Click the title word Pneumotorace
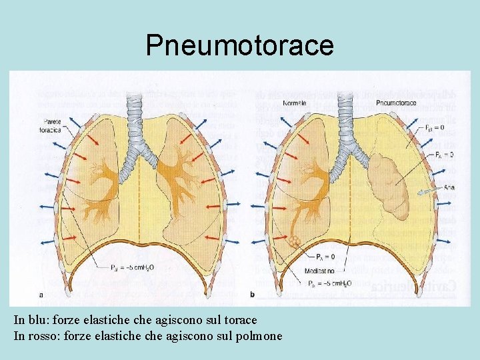tap(239, 45)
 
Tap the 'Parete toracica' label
tap(51, 126)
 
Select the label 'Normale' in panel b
tap(294, 103)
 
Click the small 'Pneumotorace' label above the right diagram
tap(396, 103)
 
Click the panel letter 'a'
tap(42, 295)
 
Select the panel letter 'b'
tap(252, 295)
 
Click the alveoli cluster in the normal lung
tap(294, 240)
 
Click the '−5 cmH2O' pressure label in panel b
tap(333, 283)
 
